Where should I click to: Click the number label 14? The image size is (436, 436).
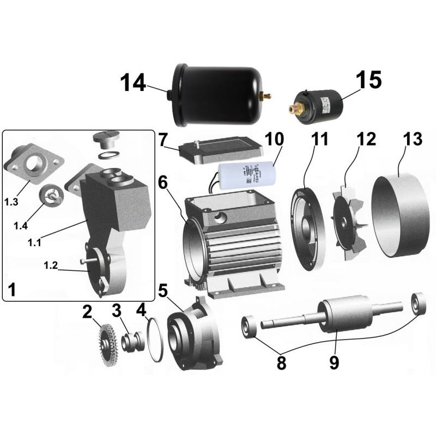134,83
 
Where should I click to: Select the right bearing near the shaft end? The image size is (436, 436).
418,304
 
